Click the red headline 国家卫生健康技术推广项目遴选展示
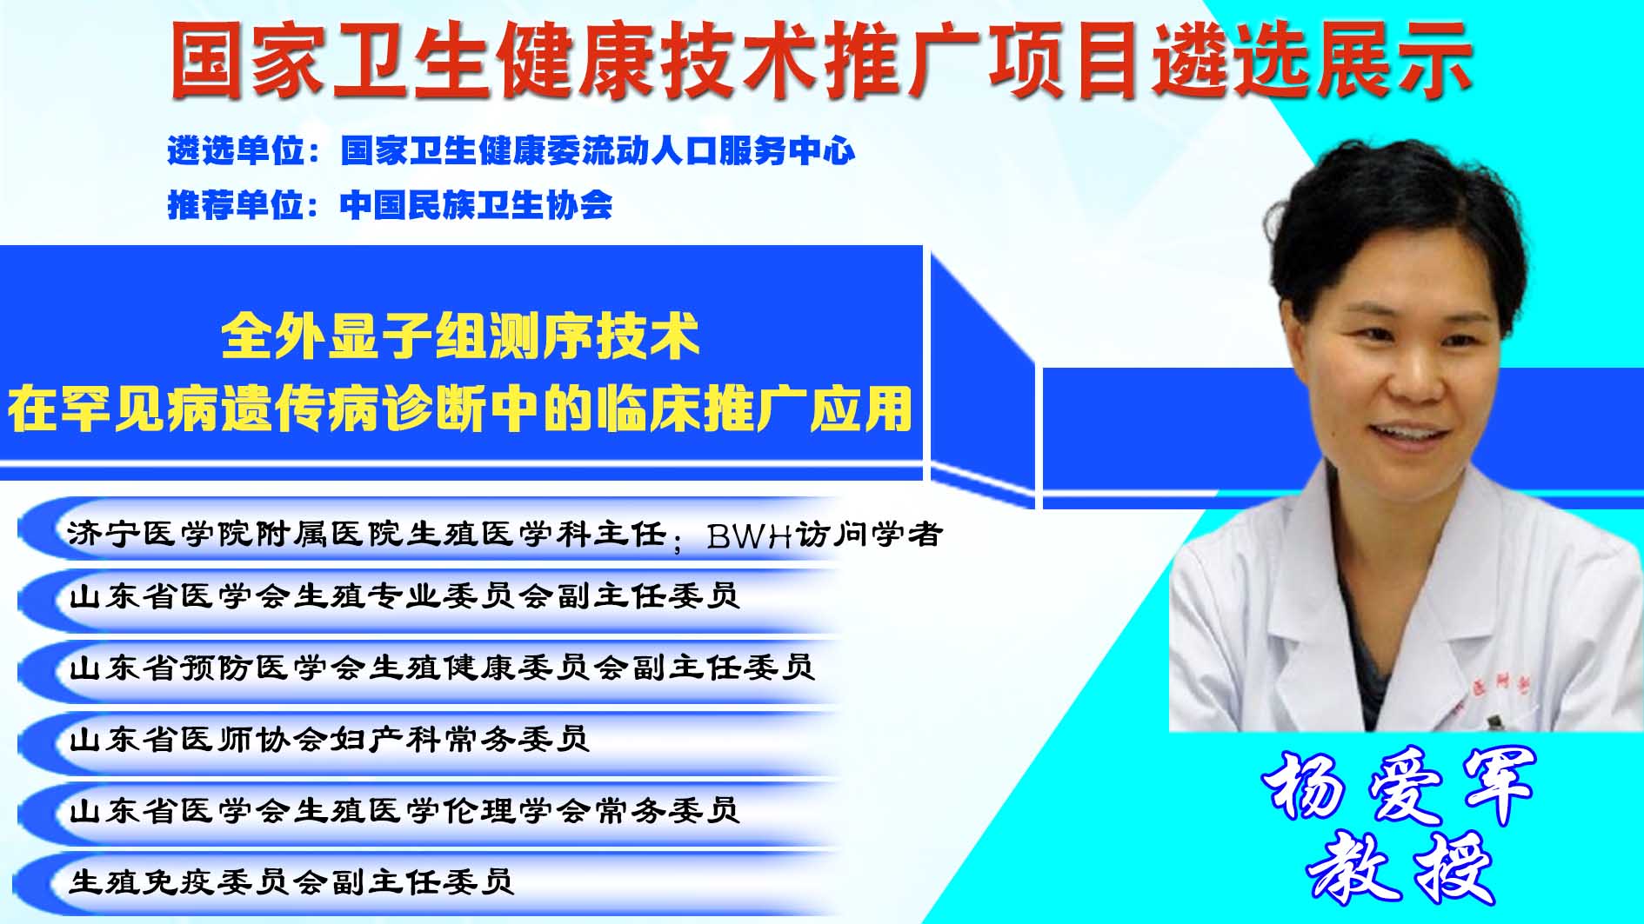pos(821,59)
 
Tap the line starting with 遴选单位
pos(511,151)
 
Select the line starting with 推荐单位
pos(390,205)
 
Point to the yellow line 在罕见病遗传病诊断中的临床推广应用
pos(460,408)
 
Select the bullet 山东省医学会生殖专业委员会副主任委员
pos(404,596)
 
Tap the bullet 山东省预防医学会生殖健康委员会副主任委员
pos(442,668)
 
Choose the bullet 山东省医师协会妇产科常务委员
pos(329,740)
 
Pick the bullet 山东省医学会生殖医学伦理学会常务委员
pos(404,811)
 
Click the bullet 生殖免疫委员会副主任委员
pos(291,882)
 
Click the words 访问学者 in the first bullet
pos(869,534)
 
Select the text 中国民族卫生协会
pos(476,205)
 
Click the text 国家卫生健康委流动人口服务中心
pos(598,151)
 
